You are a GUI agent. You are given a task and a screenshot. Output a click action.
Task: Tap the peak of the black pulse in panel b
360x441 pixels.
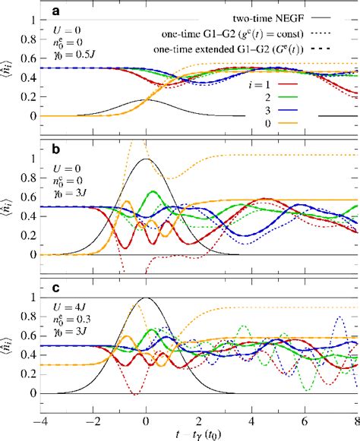(146, 159)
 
